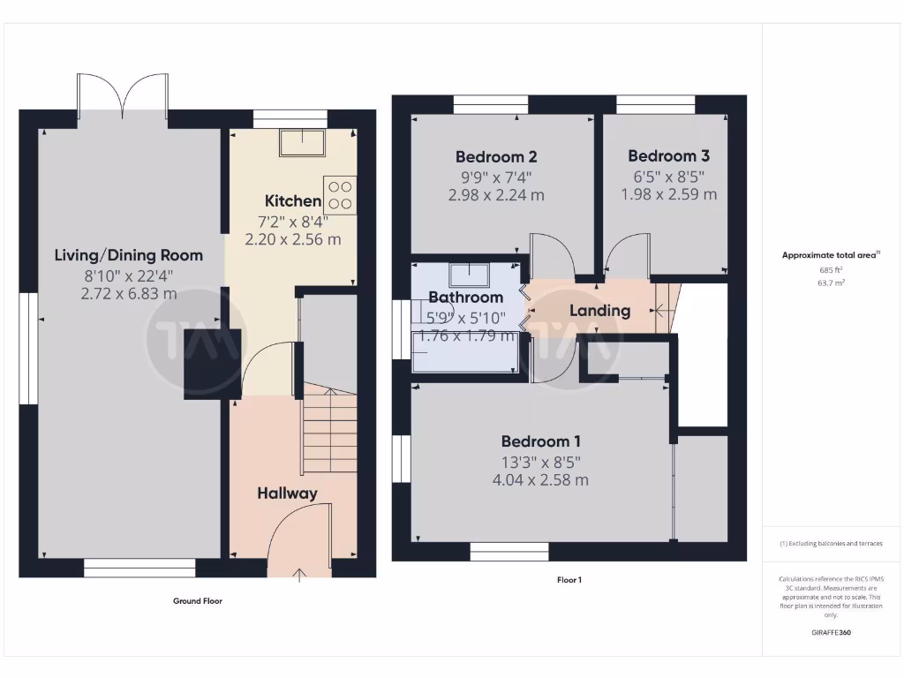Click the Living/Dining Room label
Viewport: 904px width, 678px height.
(x=129, y=255)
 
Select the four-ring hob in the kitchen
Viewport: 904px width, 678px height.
(x=340, y=194)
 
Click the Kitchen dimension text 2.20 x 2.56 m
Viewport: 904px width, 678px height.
(x=292, y=239)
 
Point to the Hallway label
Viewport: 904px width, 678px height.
(x=287, y=493)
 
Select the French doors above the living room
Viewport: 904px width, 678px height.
(x=123, y=95)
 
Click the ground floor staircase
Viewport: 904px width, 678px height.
(x=330, y=433)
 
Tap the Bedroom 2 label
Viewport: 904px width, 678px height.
(x=496, y=157)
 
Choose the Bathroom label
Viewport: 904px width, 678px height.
(x=465, y=298)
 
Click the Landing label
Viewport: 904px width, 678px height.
(x=599, y=311)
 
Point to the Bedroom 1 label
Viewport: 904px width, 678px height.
(x=541, y=441)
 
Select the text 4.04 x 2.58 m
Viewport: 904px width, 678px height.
(x=541, y=480)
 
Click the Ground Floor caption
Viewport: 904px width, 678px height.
(x=198, y=601)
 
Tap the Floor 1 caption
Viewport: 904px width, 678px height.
(x=569, y=580)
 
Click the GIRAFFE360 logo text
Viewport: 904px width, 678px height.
(x=832, y=633)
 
